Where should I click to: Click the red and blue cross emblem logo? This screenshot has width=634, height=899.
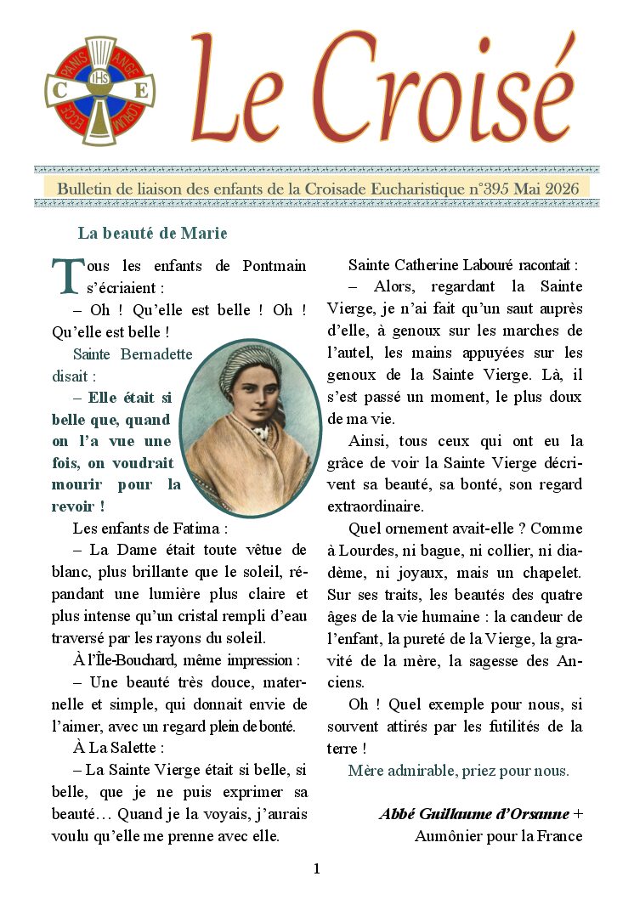click(100, 91)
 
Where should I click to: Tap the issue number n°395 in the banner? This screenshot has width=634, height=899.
click(498, 188)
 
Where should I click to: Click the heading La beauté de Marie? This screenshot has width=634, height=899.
click(152, 233)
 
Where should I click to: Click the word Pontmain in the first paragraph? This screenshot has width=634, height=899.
click(274, 266)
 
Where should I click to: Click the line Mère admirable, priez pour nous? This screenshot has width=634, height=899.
click(458, 771)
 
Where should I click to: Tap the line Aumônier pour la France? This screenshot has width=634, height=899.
click(498, 836)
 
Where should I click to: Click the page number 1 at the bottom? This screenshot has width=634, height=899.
click(317, 868)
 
